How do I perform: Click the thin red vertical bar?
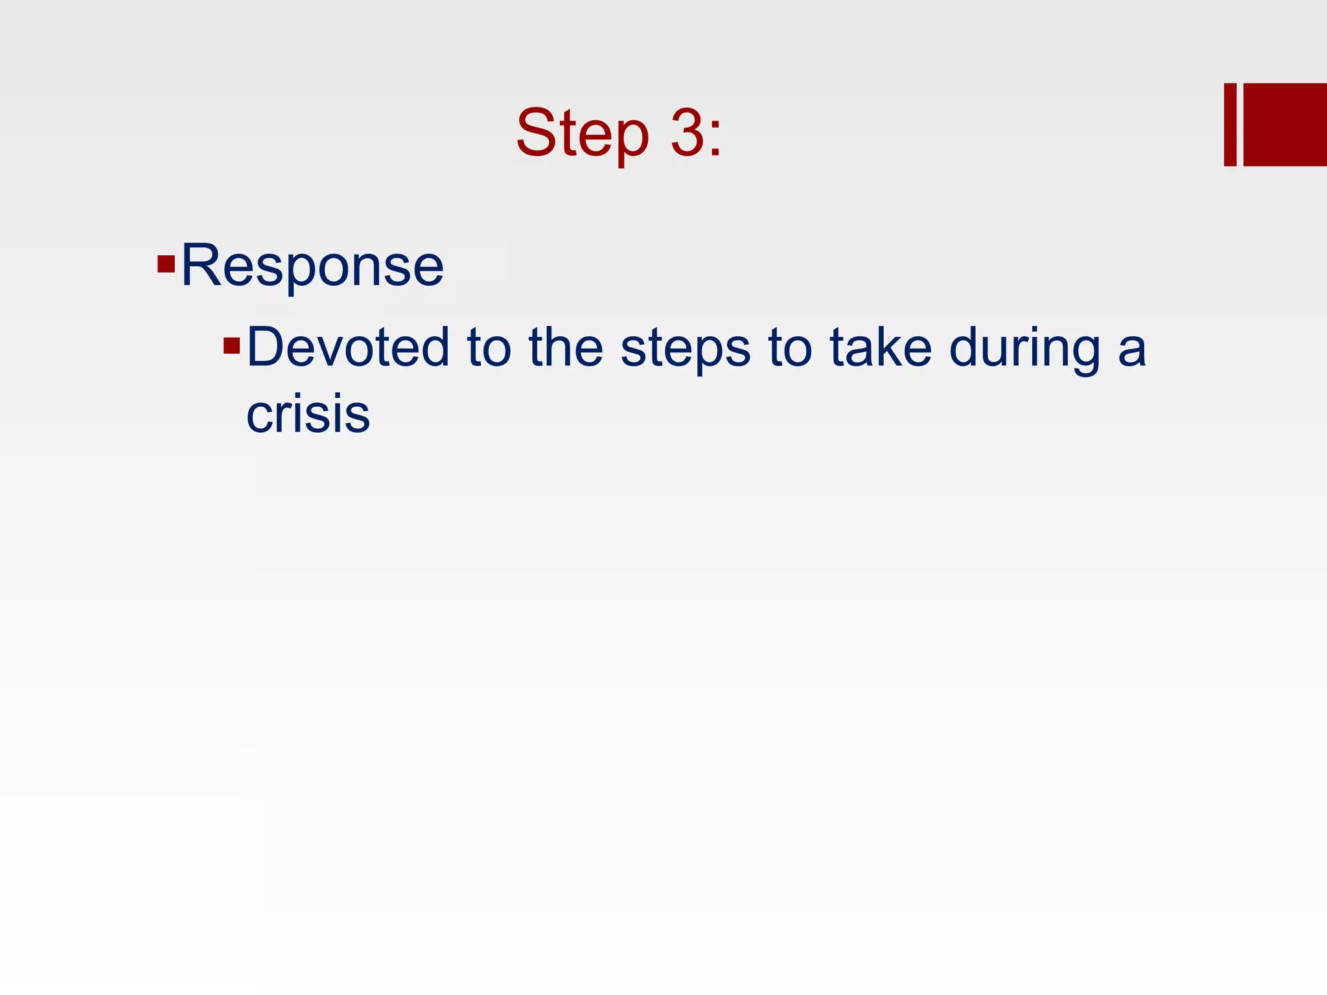(x=1230, y=124)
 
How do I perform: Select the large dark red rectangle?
(x=1285, y=124)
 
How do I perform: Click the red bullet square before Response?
(x=166, y=264)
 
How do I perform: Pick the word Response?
(x=312, y=266)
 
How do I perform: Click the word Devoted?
(x=348, y=347)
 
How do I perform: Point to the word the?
(x=566, y=347)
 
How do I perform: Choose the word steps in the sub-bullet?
(x=686, y=349)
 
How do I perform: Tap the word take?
(x=881, y=347)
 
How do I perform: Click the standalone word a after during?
(x=1132, y=350)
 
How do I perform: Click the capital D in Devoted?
(x=266, y=347)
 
